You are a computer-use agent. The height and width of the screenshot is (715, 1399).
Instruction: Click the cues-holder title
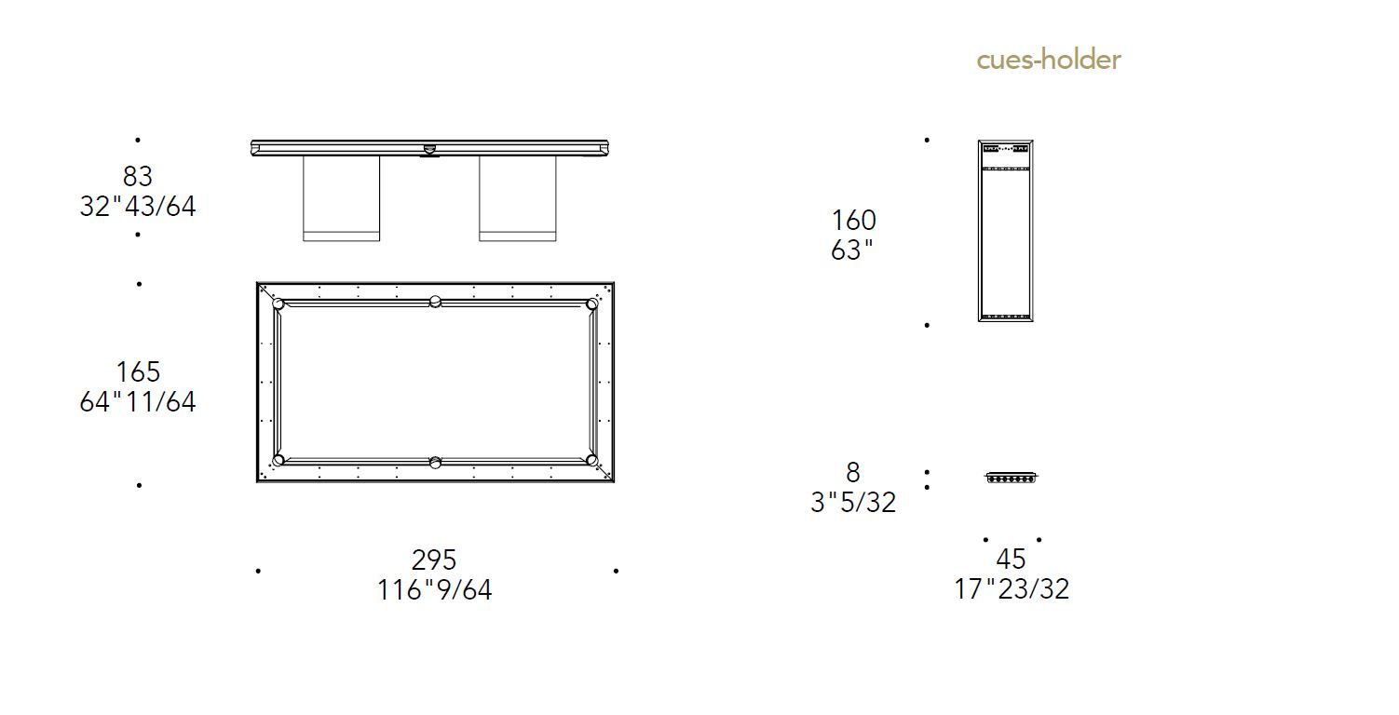pos(1049,60)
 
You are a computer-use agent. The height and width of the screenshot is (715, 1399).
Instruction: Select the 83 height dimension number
pos(138,176)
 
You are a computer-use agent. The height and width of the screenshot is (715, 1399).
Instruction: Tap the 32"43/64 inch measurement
pos(138,206)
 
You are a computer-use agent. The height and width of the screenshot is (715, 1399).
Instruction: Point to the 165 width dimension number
pos(138,371)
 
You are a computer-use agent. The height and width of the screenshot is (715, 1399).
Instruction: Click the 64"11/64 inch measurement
pos(138,401)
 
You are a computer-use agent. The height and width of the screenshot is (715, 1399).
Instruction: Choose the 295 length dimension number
pos(434,560)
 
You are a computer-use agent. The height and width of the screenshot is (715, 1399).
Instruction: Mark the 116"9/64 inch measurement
pos(434,589)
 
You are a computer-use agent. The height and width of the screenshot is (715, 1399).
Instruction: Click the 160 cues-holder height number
pos(854,220)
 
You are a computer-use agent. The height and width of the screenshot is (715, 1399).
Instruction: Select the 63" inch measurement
pos(852,250)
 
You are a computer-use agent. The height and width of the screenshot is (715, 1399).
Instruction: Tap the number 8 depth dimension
pos(853,472)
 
